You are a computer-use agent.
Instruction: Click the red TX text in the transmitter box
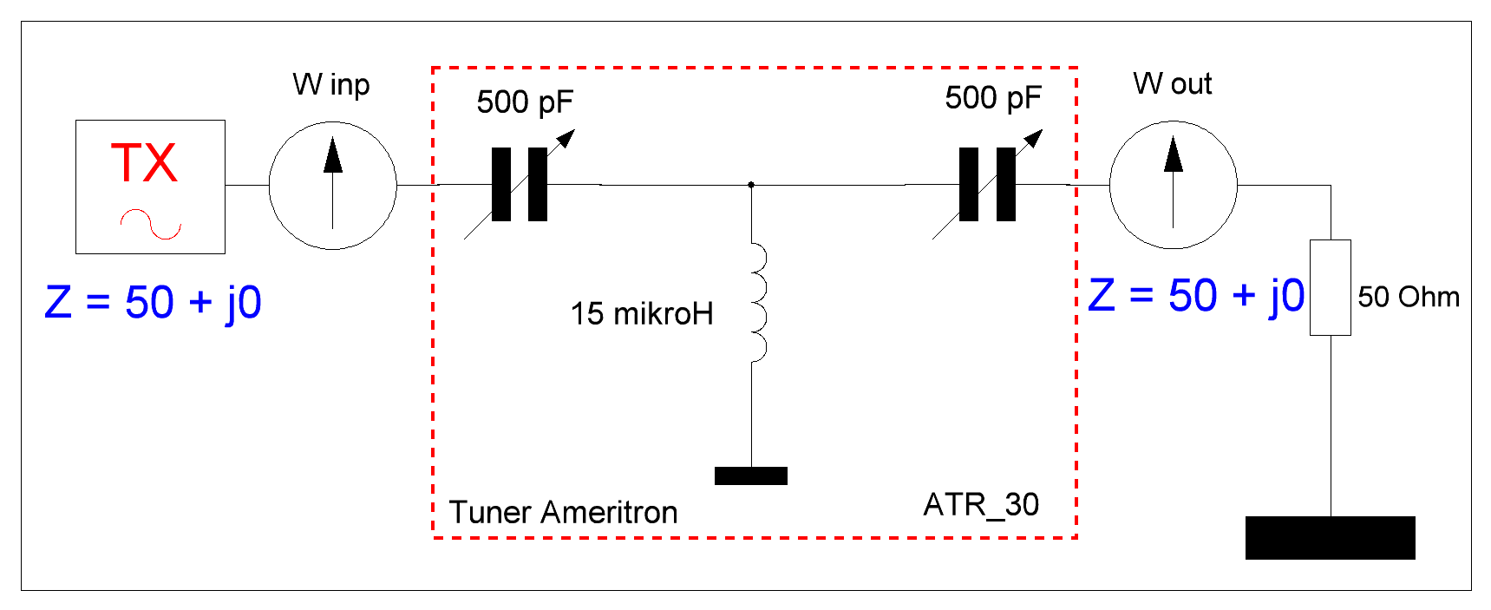(x=144, y=163)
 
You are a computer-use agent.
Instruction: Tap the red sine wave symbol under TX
(x=151, y=224)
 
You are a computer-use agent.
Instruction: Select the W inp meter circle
(x=332, y=185)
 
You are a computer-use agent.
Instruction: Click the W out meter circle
(x=1173, y=185)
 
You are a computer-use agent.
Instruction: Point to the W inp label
(x=331, y=85)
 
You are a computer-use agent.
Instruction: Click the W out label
(x=1172, y=84)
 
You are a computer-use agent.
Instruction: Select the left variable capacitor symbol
(x=520, y=185)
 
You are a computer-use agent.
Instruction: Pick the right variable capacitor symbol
(x=987, y=185)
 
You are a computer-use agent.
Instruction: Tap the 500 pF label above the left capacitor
(x=525, y=102)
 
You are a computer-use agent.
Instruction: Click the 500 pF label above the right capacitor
(x=993, y=98)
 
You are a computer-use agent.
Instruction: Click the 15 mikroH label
(x=642, y=314)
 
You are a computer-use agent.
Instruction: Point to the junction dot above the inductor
(x=751, y=185)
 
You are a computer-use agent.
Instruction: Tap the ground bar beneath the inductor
(x=751, y=476)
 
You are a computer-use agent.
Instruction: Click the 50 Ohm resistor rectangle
(x=1330, y=287)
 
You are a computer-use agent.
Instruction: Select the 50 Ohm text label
(x=1409, y=298)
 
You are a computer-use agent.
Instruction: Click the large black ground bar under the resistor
(x=1330, y=538)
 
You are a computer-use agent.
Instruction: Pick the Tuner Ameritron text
(x=563, y=513)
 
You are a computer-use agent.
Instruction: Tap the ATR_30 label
(x=981, y=505)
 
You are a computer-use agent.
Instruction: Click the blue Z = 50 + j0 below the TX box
(x=153, y=303)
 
